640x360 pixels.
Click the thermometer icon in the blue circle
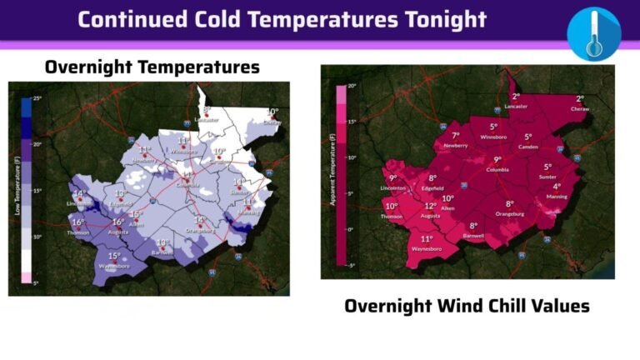click(x=593, y=34)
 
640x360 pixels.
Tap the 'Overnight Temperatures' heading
click(x=152, y=67)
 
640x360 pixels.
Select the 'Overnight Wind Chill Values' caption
click(x=467, y=306)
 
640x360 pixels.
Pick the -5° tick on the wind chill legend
click(x=351, y=266)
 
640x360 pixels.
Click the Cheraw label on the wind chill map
click(x=579, y=108)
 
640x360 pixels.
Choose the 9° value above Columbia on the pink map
click(x=497, y=160)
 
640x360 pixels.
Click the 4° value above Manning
click(x=557, y=187)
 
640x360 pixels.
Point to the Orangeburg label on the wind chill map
click(x=509, y=214)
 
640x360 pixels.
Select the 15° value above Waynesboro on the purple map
click(x=114, y=256)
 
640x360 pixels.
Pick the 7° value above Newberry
click(x=455, y=135)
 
